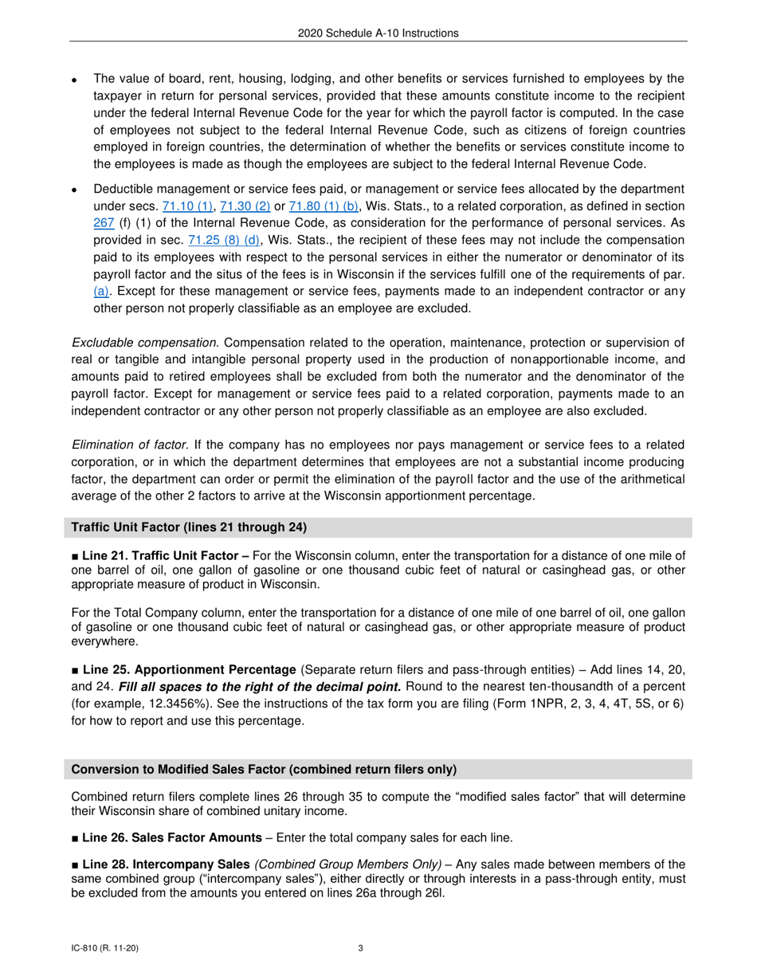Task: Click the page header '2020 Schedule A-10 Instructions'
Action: pyautogui.click(x=378, y=33)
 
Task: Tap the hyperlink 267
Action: pyautogui.click(x=104, y=223)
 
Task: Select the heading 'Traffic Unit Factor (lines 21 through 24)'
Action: pyautogui.click(x=189, y=527)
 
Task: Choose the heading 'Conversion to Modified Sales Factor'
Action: pyautogui.click(x=264, y=769)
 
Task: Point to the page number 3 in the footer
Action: pyautogui.click(x=361, y=948)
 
